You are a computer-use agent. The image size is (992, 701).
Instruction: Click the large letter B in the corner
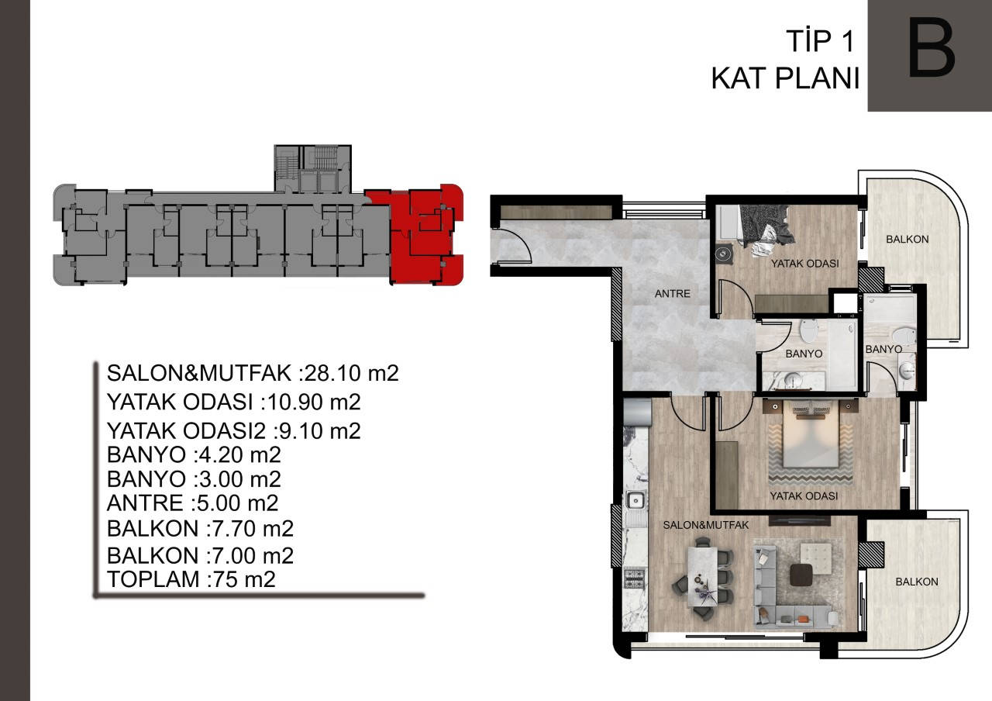point(931,48)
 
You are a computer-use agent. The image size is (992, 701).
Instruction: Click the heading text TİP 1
point(820,42)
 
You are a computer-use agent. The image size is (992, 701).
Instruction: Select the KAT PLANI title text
point(786,79)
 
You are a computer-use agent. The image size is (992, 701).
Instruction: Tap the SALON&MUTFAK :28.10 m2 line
point(253,373)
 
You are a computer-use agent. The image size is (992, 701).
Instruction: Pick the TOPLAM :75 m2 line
point(191,579)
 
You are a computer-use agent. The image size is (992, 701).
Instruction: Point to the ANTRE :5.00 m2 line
point(193,503)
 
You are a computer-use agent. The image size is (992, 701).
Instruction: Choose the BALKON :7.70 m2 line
point(200,529)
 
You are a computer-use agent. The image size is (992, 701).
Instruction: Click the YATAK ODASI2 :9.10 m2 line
point(234,430)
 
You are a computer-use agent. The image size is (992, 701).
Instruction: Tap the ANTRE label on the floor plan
point(672,293)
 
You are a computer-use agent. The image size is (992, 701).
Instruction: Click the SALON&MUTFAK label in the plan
point(705,525)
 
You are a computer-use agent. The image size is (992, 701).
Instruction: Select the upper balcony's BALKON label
point(908,240)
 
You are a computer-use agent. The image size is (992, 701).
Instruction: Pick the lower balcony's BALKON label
point(917,582)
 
